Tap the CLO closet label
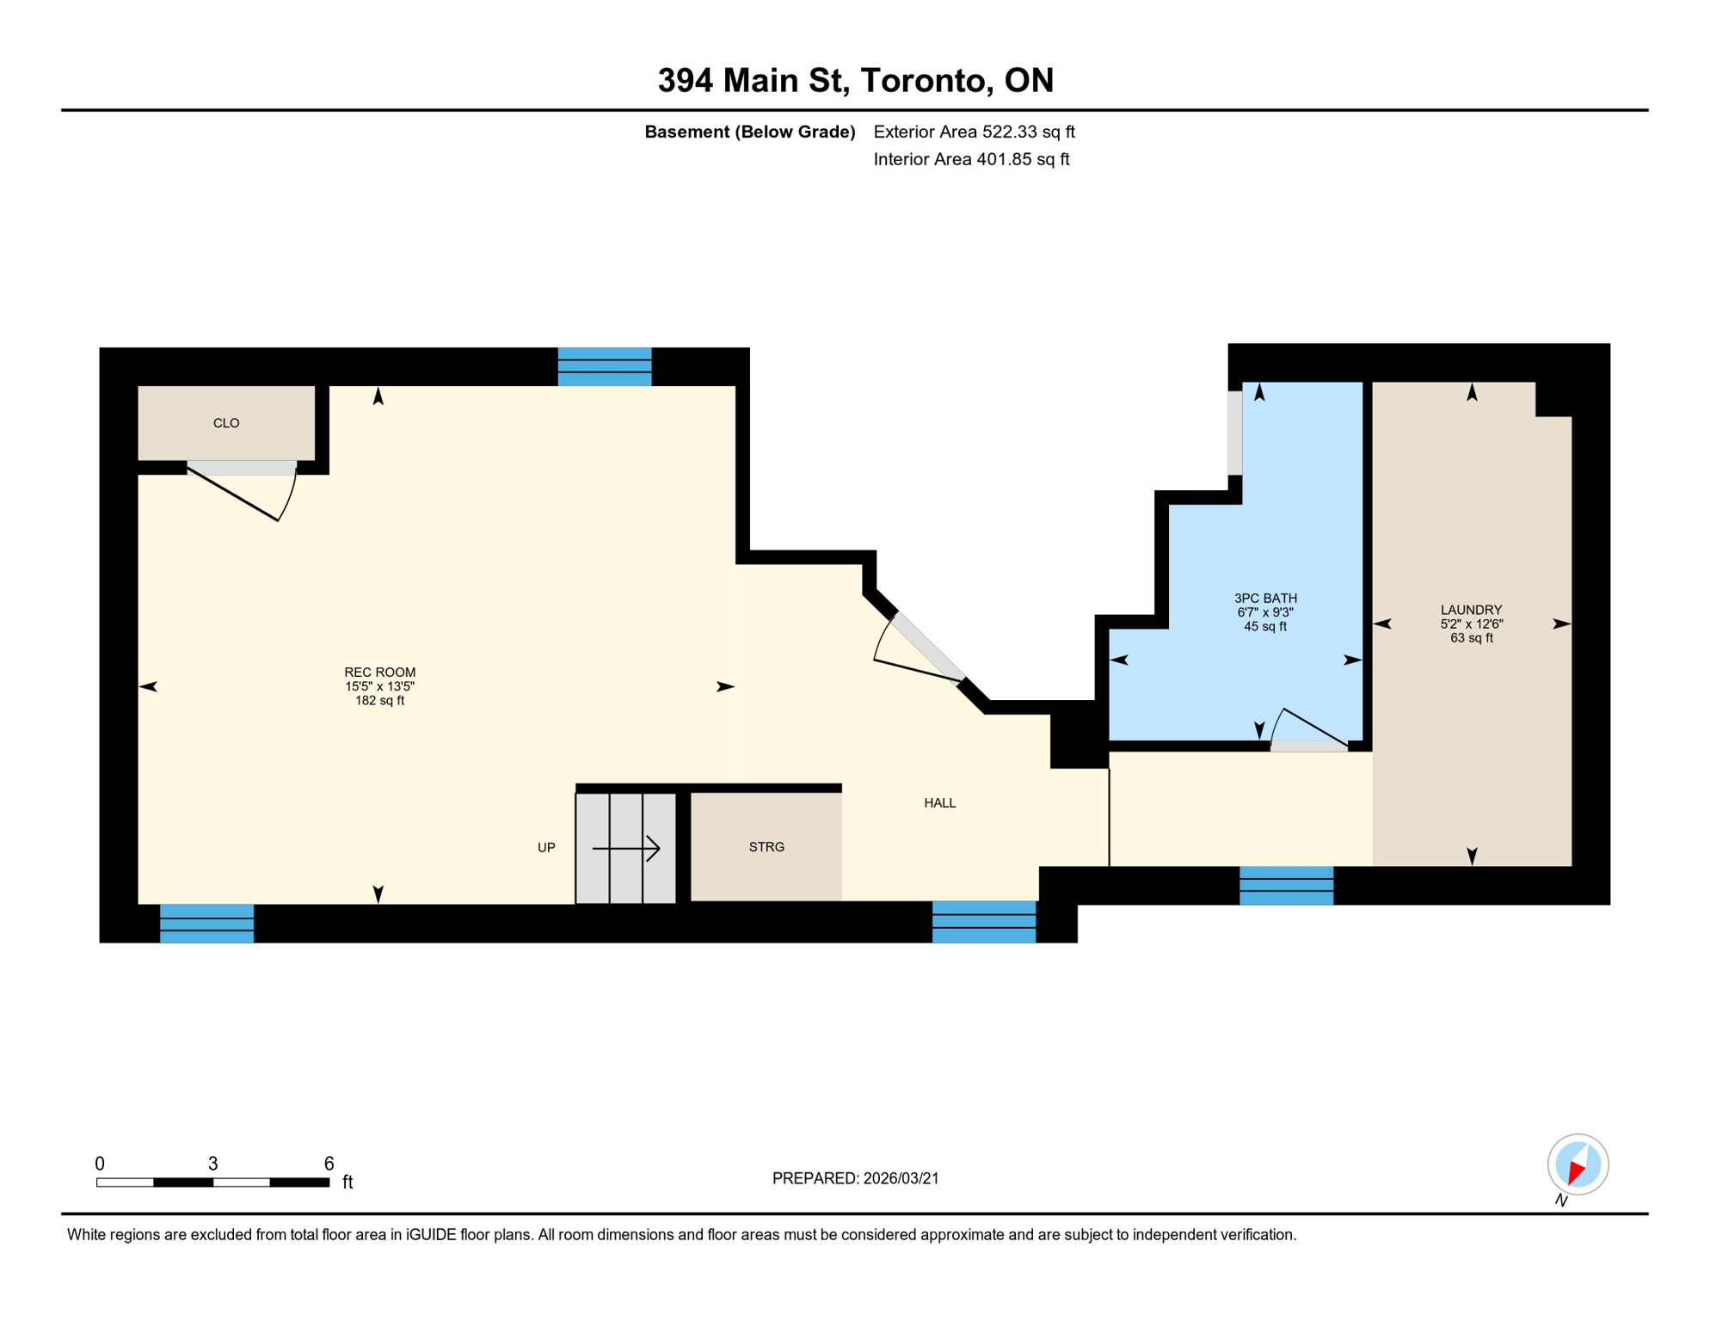click(226, 423)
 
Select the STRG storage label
click(766, 847)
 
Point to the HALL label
click(939, 803)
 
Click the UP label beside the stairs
click(546, 848)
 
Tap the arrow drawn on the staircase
click(626, 849)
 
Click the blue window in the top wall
click(605, 366)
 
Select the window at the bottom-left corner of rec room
click(206, 924)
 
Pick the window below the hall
click(984, 922)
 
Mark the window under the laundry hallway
click(1286, 886)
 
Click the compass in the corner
click(1578, 1164)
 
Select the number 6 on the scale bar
click(329, 1164)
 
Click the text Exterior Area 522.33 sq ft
click(974, 132)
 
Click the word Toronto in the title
click(922, 80)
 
